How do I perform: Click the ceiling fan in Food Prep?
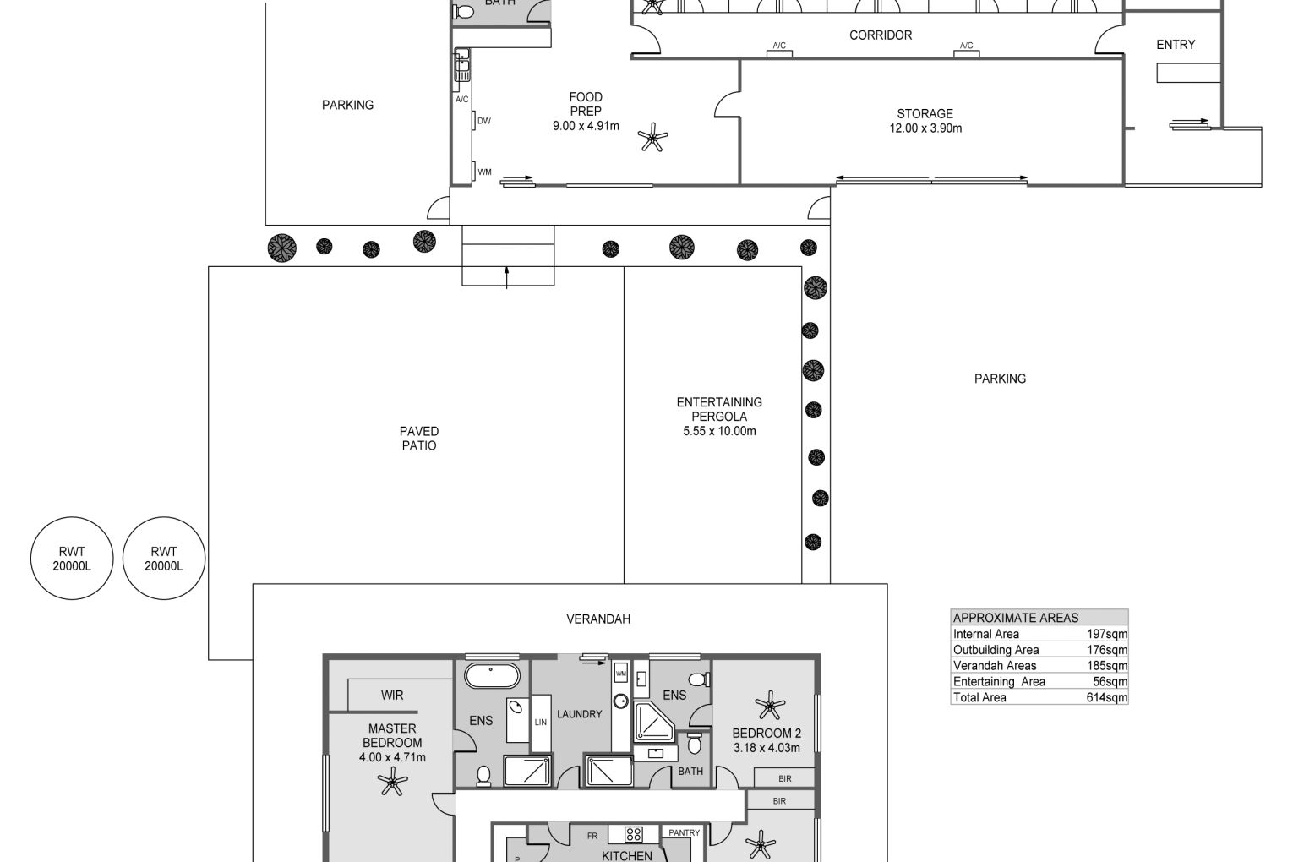point(652,138)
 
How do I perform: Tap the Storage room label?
point(925,114)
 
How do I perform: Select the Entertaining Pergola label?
point(719,409)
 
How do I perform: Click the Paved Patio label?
point(419,439)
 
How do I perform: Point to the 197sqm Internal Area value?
point(1107,634)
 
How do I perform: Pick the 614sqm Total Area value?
point(1107,697)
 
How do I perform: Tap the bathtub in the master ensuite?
point(492,675)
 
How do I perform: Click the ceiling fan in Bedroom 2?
point(770,706)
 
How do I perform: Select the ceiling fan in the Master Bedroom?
point(392,782)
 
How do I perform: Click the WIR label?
point(392,696)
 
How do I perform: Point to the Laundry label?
point(579,714)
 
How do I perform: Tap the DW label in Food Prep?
point(484,121)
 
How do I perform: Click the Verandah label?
point(598,619)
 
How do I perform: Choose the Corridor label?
point(881,35)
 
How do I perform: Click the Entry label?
point(1176,45)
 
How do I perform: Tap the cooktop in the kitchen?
point(634,834)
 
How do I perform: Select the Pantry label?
point(684,832)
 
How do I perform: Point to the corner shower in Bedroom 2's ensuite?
point(654,722)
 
